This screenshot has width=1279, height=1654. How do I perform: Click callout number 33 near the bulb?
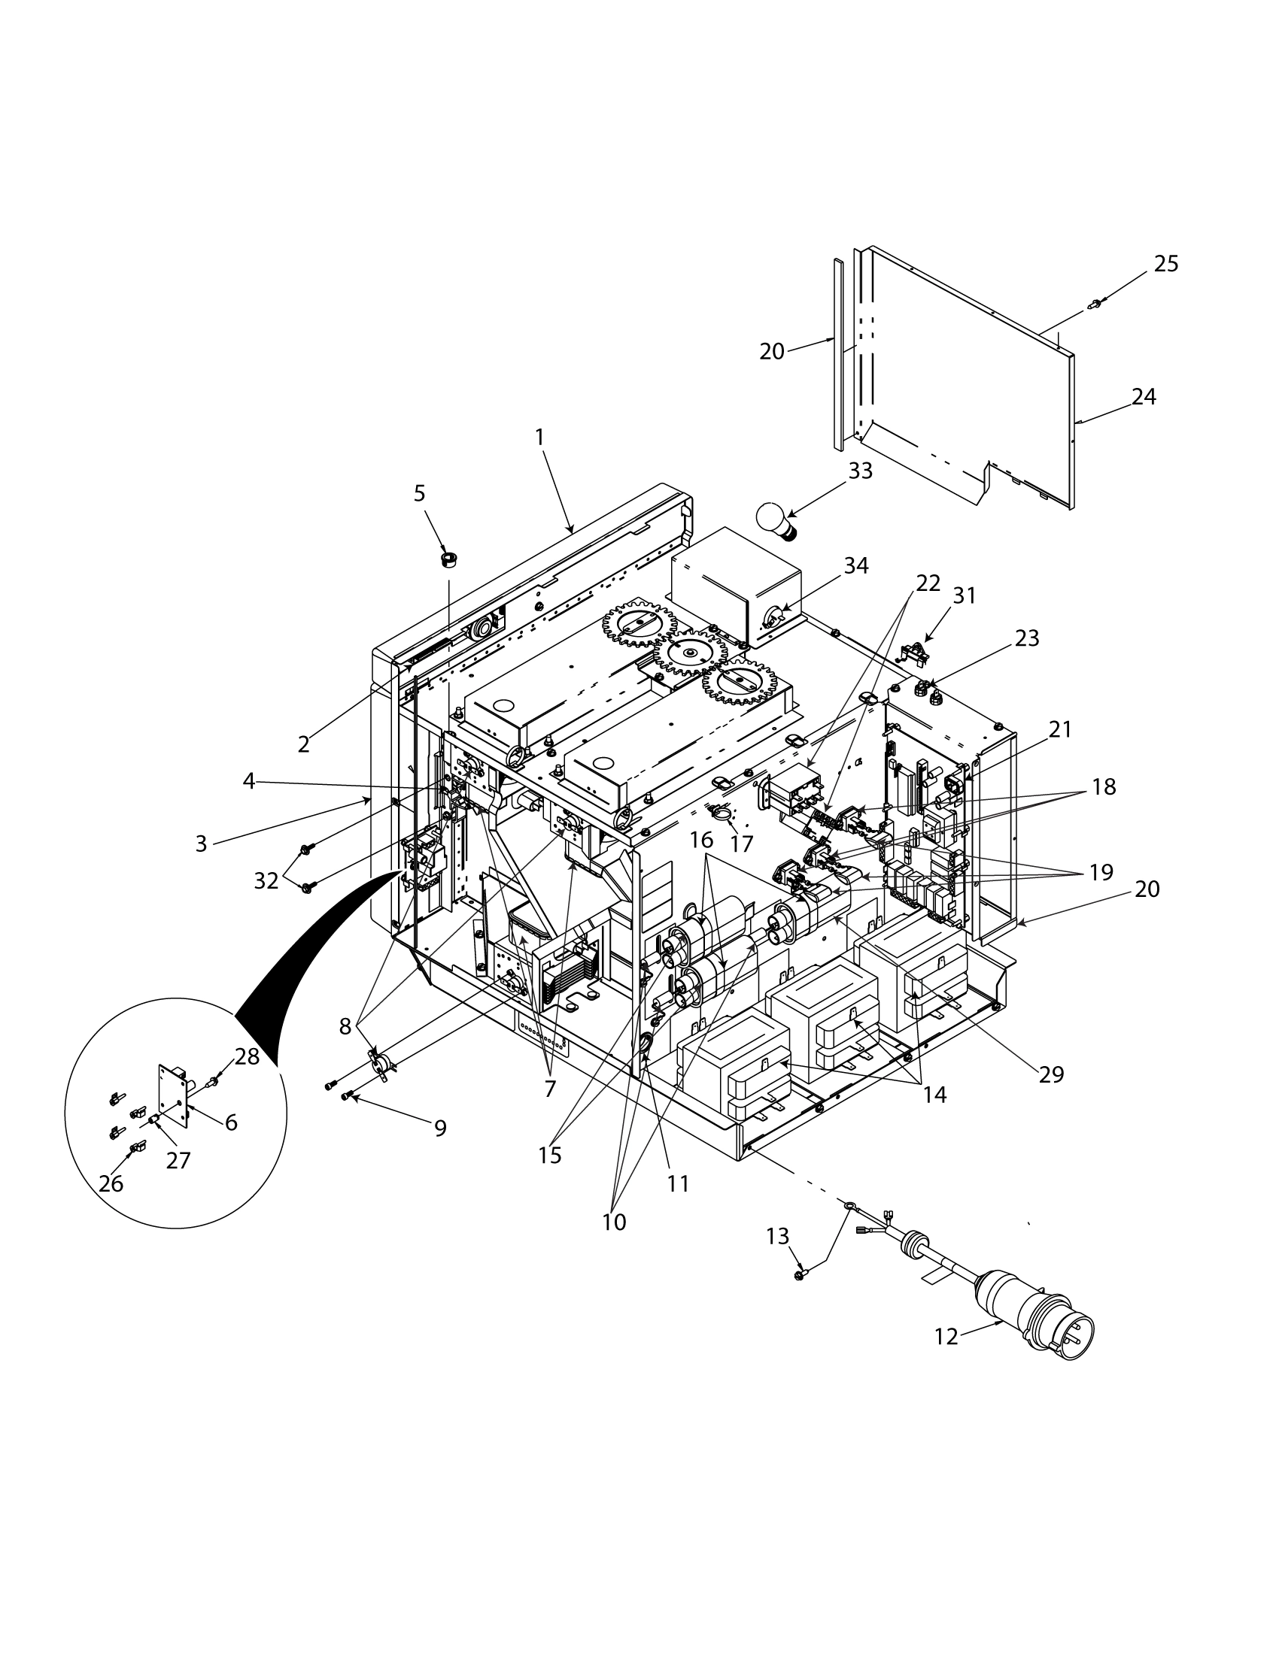[860, 471]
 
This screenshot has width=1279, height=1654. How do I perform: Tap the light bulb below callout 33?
[777, 522]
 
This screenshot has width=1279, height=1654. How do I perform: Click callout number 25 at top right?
[1166, 264]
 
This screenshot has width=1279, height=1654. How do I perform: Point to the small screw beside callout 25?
[1095, 304]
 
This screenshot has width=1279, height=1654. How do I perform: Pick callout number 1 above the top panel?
[539, 437]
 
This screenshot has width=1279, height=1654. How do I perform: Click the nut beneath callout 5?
[448, 560]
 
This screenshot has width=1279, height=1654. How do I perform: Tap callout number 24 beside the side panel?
[1144, 396]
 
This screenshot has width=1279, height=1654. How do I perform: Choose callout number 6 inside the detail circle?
[231, 1122]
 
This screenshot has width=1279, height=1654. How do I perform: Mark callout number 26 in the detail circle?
[111, 1183]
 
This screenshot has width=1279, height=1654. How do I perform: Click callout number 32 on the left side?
[266, 881]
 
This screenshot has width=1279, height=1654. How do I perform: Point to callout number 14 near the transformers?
[935, 1095]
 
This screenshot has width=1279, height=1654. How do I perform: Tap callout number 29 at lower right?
[1051, 1074]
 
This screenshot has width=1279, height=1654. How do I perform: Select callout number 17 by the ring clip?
[741, 843]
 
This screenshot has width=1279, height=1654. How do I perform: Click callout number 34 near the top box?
[856, 565]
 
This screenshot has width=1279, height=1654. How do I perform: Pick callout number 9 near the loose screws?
[440, 1128]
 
